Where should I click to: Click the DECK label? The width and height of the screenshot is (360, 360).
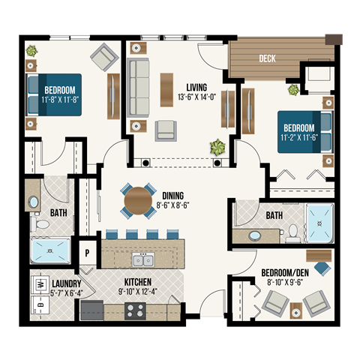(267, 58)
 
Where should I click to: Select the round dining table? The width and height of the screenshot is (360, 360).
(138, 200)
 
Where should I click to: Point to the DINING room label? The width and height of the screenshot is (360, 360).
(173, 193)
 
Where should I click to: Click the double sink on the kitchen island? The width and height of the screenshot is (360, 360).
(142, 260)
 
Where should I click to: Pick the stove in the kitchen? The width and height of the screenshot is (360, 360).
(135, 309)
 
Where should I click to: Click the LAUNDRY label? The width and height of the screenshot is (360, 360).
(66, 283)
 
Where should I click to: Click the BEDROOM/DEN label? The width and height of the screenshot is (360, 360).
(281, 272)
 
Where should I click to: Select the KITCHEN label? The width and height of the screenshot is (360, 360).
(139, 283)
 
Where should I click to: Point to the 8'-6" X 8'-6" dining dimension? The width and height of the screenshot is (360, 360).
(173, 202)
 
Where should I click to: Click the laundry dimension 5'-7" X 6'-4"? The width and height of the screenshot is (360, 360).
(66, 292)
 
